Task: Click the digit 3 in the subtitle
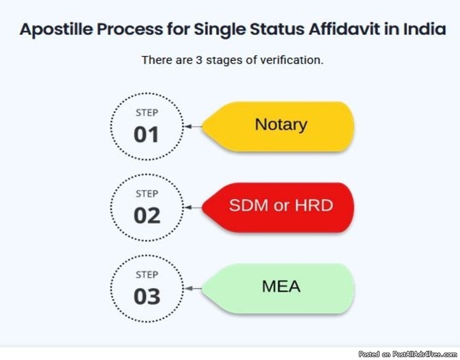199,60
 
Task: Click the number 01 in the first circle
146,135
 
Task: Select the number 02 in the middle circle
147,216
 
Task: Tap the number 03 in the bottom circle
147,297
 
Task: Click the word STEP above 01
147,113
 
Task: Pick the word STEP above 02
147,194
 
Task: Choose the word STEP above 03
147,275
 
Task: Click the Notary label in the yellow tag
281,125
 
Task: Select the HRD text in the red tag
314,205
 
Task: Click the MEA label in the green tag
281,287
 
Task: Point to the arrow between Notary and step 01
194,126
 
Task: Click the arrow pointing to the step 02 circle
194,207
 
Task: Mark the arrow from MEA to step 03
194,289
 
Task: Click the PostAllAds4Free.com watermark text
425,354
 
